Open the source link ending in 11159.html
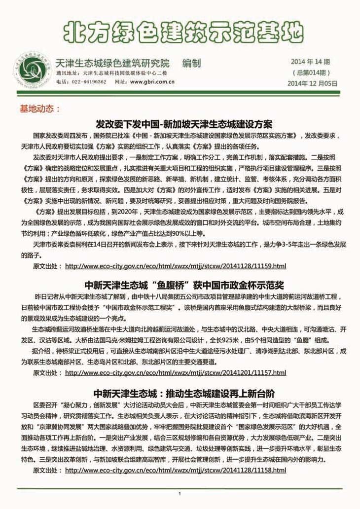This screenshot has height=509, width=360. tap(175, 266)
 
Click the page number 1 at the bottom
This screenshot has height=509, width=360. tap(180, 494)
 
